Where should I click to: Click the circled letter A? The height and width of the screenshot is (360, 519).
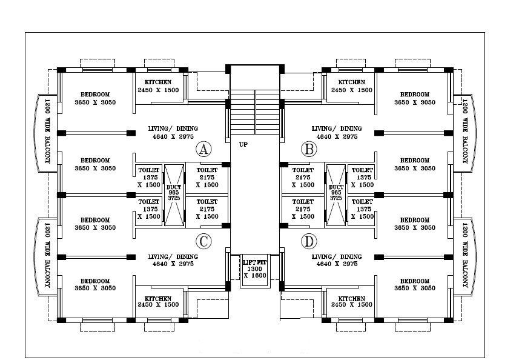(x=203, y=149)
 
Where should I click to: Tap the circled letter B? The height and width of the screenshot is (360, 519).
(x=309, y=149)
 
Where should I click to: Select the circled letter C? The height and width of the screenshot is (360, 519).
(x=203, y=241)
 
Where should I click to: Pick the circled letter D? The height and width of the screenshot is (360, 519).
(x=309, y=241)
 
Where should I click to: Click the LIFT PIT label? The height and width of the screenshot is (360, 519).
(x=254, y=262)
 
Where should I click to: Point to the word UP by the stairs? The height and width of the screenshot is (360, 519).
(x=243, y=144)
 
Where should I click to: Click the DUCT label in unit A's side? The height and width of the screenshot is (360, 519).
(x=174, y=187)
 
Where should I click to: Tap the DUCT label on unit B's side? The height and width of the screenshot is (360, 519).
(x=336, y=187)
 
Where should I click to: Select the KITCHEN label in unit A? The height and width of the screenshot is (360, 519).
(x=158, y=82)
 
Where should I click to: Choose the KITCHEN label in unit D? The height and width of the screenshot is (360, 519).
(x=351, y=298)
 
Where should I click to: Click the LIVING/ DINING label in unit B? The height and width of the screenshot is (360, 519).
(x=337, y=128)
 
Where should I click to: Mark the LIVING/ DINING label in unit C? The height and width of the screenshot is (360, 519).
(x=173, y=257)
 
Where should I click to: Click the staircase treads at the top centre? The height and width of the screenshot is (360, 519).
(x=255, y=112)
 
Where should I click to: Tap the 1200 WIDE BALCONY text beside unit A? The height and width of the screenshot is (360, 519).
(x=47, y=131)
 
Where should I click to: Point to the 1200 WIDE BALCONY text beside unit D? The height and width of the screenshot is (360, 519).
(x=464, y=255)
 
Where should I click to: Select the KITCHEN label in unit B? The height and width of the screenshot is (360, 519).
(x=351, y=82)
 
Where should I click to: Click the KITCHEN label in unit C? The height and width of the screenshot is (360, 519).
(x=158, y=298)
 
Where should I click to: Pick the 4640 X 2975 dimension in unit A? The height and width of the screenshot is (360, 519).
(x=173, y=136)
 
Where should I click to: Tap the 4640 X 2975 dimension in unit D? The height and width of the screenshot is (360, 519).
(x=337, y=264)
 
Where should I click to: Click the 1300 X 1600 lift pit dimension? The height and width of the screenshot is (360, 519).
(x=254, y=272)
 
